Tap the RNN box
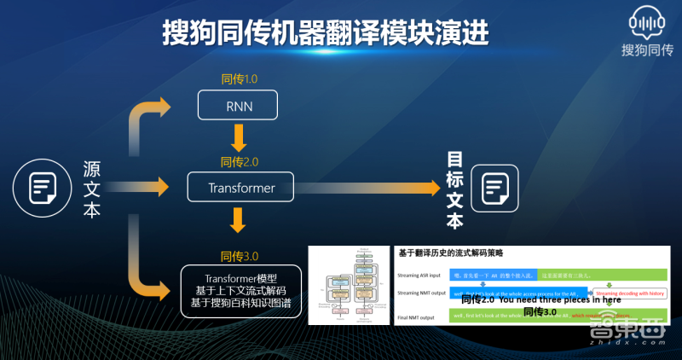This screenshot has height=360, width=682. [x=238, y=107]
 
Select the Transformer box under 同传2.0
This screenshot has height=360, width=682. [x=240, y=186]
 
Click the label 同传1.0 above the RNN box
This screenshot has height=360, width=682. [x=238, y=79]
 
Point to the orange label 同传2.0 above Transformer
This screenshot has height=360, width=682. [x=239, y=161]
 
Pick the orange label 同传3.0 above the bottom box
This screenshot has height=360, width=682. [x=239, y=255]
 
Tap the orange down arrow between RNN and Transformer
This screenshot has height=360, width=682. [x=239, y=136]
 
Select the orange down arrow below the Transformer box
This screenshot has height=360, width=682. [x=239, y=223]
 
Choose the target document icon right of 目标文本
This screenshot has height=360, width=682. [x=495, y=187]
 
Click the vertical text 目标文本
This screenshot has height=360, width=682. [x=456, y=191]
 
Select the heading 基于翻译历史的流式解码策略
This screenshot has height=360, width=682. [x=451, y=253]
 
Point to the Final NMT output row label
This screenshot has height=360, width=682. [x=419, y=316]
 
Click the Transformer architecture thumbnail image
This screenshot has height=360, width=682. [x=350, y=286]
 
